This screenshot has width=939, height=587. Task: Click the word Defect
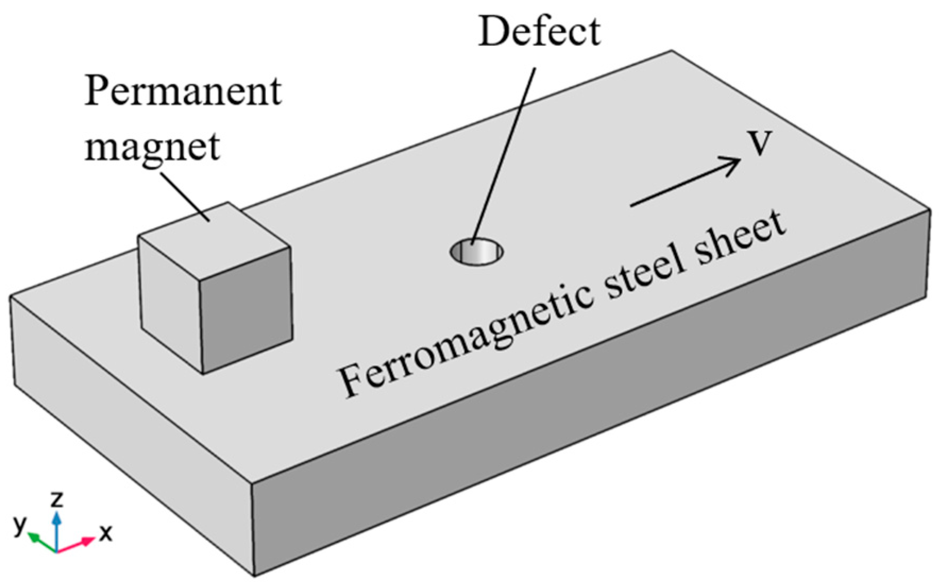pos(539,32)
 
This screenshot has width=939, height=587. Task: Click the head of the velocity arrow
pos(733,162)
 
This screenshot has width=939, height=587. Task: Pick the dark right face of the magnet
pos(246,310)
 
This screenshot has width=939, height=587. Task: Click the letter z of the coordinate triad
pos(56,499)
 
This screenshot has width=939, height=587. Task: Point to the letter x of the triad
pos(106,532)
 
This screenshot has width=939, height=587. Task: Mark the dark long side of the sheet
pos(584,414)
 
